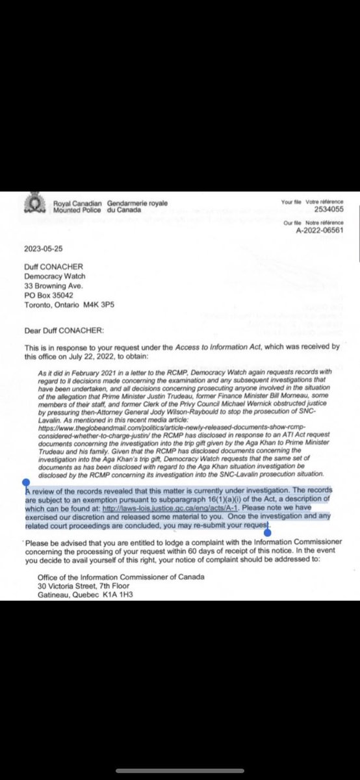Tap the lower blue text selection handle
click(x=266, y=531)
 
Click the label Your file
click(x=288, y=202)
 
